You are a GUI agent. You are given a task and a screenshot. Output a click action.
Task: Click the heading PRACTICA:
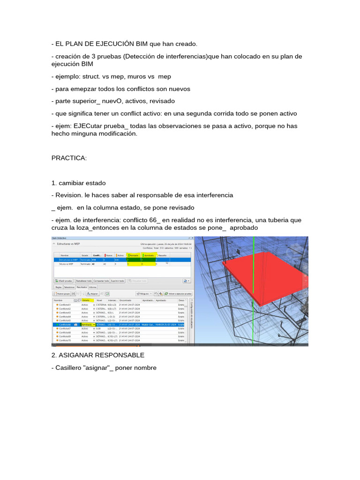[x=69, y=158]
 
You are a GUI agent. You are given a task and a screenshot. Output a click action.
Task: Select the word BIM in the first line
[x=142, y=44]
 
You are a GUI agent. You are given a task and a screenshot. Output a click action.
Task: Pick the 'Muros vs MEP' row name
[x=63, y=264]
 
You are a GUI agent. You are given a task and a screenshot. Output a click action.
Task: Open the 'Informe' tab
[x=93, y=286]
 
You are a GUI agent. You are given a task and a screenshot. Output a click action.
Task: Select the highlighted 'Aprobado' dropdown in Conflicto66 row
[x=88, y=324]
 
